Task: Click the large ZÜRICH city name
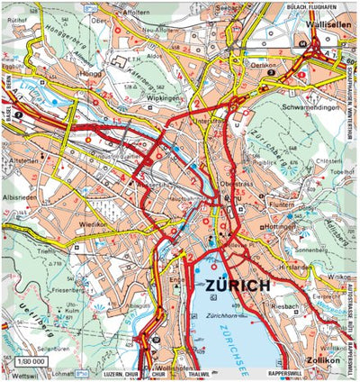tap(238, 286)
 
